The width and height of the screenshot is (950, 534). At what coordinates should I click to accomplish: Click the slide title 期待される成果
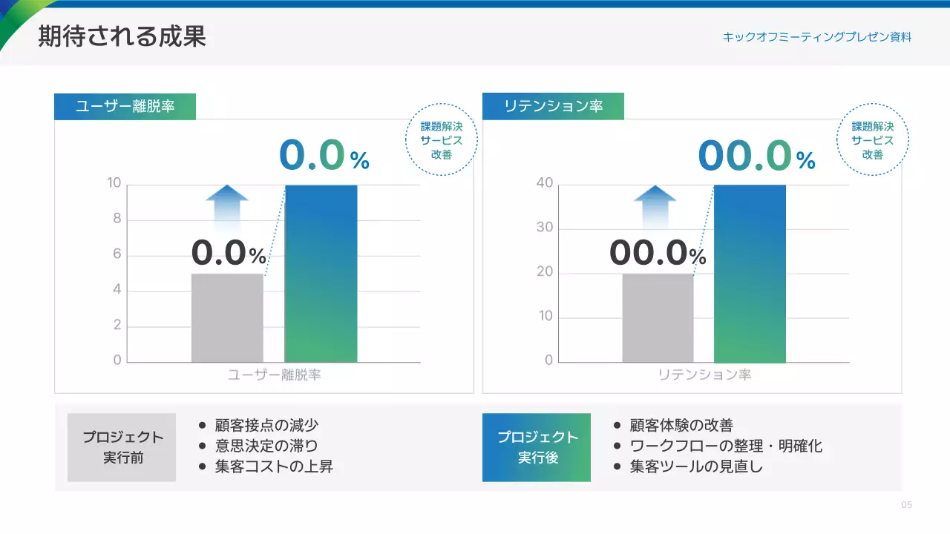(x=122, y=36)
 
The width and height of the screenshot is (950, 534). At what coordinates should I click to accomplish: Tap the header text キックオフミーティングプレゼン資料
(x=816, y=36)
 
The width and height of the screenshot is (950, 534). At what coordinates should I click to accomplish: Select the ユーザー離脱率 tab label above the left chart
(x=125, y=106)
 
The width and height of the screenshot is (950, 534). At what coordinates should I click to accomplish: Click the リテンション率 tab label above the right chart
(x=553, y=106)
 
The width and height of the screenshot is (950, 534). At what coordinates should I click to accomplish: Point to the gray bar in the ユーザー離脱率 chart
(x=227, y=318)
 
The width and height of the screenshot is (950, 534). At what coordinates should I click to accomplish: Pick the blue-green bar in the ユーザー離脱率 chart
(x=321, y=274)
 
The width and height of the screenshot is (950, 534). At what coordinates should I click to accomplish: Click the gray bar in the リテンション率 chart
(x=658, y=318)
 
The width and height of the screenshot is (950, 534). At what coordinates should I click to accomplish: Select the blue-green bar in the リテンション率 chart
(x=750, y=274)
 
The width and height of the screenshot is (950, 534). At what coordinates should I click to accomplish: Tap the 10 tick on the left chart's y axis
(x=114, y=183)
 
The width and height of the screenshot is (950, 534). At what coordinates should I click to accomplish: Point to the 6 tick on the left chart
(x=117, y=254)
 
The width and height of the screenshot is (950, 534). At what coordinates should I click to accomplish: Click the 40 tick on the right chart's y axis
(x=545, y=183)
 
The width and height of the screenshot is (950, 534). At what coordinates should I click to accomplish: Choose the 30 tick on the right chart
(x=545, y=228)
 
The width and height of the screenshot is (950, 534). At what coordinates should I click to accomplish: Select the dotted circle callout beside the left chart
(x=441, y=140)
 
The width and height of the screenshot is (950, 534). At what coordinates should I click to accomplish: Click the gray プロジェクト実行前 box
(x=122, y=447)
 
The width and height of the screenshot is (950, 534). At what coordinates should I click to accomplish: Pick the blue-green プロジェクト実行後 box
(x=537, y=447)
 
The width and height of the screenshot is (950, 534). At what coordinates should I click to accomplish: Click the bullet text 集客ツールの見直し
(x=696, y=467)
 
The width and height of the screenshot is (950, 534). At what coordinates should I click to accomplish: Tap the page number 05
(x=906, y=505)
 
